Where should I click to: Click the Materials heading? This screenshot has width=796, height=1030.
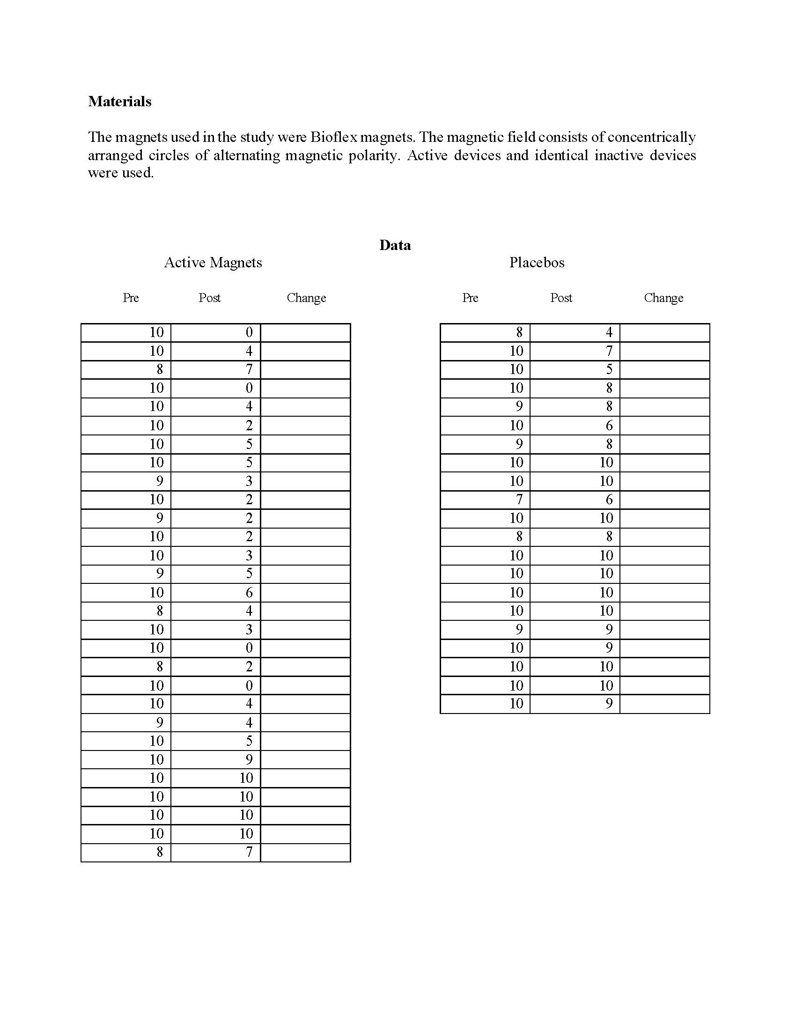point(120,102)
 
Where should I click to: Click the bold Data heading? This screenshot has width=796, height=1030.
point(395,245)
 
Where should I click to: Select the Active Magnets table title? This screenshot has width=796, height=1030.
point(213,262)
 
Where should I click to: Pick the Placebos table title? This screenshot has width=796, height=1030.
point(537,262)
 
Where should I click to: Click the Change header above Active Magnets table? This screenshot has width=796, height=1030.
point(306,298)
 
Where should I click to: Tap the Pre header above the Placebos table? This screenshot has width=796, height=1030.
point(470,298)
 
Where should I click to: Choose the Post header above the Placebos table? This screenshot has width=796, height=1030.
point(560,298)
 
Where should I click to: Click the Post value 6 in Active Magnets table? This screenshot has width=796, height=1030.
point(249,592)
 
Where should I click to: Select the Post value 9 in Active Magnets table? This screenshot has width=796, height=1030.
point(249,759)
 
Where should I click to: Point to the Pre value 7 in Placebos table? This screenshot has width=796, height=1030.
point(519,500)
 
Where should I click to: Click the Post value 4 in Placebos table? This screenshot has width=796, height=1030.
point(609,332)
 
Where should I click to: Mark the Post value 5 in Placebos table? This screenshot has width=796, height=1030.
point(609,369)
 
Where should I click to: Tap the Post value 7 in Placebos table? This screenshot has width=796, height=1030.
point(609,351)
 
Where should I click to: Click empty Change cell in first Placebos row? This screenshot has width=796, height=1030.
point(664,332)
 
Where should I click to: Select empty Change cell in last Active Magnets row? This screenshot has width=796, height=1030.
point(305,852)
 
